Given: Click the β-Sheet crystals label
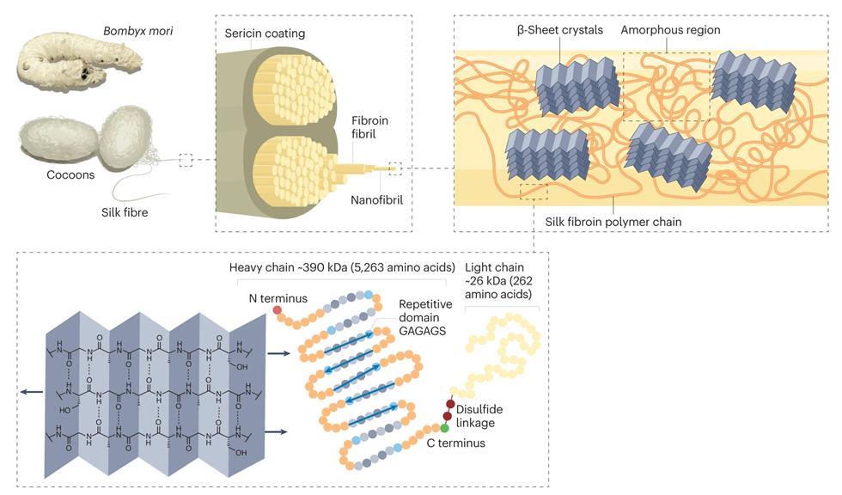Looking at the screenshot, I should click(x=560, y=30).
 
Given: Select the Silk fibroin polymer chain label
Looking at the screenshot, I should click(x=613, y=222).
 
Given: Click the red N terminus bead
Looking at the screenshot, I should click(x=278, y=309).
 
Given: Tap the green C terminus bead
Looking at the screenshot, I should click(x=445, y=427).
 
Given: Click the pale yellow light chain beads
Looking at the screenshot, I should click(x=507, y=344).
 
